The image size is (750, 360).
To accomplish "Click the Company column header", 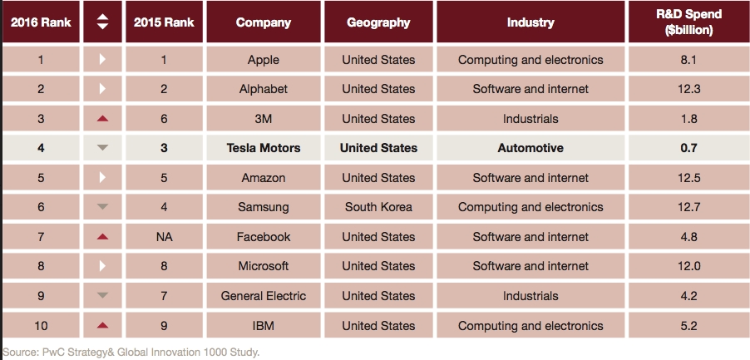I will (x=263, y=22).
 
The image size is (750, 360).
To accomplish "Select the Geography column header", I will (x=378, y=22).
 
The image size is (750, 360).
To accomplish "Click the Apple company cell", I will (x=263, y=60).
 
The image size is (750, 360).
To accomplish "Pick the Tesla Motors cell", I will (x=263, y=148).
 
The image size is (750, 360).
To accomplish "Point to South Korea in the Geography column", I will (x=378, y=207).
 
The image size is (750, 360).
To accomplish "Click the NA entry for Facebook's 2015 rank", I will (x=164, y=237).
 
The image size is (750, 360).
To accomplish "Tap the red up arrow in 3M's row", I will (x=102, y=119).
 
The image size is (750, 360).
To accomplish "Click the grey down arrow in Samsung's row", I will (x=102, y=207).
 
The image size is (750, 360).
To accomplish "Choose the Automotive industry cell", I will (x=530, y=148).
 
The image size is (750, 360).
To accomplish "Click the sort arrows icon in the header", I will (x=102, y=22).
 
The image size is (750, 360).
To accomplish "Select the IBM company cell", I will (x=263, y=326).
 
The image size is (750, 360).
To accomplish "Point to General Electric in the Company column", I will (x=263, y=296).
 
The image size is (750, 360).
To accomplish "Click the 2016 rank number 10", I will (x=42, y=326).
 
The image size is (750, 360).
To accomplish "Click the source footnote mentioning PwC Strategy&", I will (x=131, y=352).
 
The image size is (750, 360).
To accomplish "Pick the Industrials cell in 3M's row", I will (x=530, y=119).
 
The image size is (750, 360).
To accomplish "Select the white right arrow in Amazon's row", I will (x=102, y=178).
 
